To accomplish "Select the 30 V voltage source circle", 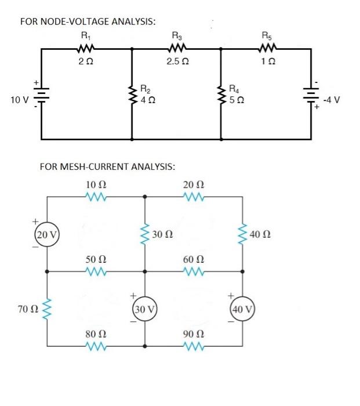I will pos(144,308).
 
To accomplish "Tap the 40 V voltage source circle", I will pos(242,308).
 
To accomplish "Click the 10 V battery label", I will pos(19,100).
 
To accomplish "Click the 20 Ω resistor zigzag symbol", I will pos(192,197).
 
